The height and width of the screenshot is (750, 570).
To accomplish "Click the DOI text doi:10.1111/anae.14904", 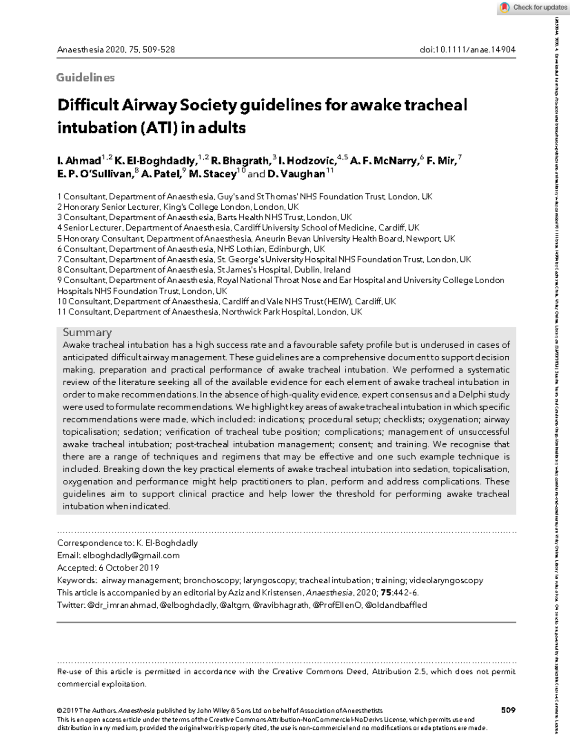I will pyautogui.click(x=467, y=50).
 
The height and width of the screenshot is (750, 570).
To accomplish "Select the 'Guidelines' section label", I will pyautogui.click(x=85, y=78).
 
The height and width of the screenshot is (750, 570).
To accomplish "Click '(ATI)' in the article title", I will pyautogui.click(x=157, y=128).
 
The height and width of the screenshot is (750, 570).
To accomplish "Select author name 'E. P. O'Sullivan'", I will pyautogui.click(x=95, y=174).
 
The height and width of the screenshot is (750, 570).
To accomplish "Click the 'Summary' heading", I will pyautogui.click(x=87, y=332).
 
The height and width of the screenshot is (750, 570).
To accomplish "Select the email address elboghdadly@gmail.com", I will pyautogui.click(x=131, y=555).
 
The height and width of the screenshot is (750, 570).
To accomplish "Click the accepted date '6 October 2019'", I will pyautogui.click(x=129, y=568).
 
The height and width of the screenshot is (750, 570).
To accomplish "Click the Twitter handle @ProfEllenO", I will pyautogui.click(x=337, y=605).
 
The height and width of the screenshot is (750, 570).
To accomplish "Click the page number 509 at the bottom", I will pyautogui.click(x=508, y=710).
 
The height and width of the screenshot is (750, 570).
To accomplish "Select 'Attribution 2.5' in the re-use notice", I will pyautogui.click(x=400, y=672).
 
